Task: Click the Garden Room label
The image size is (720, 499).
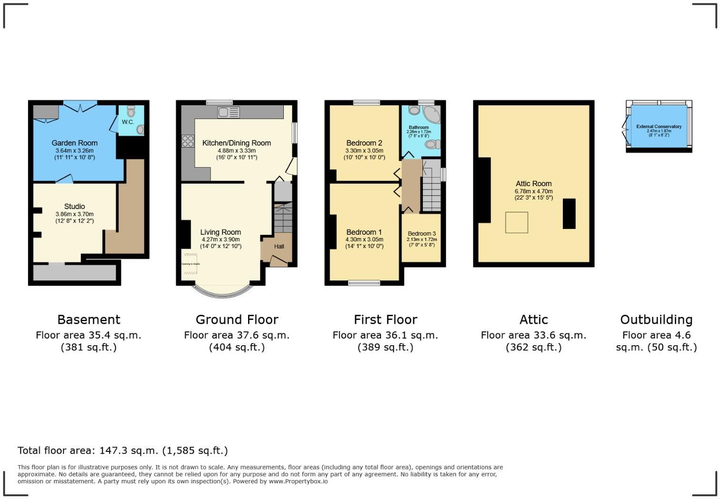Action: pyautogui.click(x=74, y=143)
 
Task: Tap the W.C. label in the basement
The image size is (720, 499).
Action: pyautogui.click(x=128, y=122)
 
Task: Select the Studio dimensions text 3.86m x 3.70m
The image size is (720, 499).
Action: pyautogui.click(x=74, y=214)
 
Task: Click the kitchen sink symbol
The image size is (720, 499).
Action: pyautogui.click(x=229, y=112)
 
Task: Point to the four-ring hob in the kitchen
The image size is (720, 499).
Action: pyautogui.click(x=188, y=141)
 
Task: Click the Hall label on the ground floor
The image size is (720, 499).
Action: pyautogui.click(x=279, y=246)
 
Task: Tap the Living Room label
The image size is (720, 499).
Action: pyautogui.click(x=220, y=232)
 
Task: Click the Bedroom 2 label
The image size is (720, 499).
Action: pyautogui.click(x=364, y=143)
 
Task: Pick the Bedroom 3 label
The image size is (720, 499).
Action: pyautogui.click(x=421, y=234)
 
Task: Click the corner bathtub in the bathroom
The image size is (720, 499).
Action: pyautogui.click(x=431, y=115)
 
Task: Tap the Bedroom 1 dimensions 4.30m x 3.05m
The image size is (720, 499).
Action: pyautogui.click(x=364, y=240)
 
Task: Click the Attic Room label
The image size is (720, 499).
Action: pyautogui.click(x=533, y=184)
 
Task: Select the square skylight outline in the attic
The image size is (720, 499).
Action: pyautogui.click(x=516, y=222)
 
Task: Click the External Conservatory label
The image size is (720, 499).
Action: pyautogui.click(x=659, y=127)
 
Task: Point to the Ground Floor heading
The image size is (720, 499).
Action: pyautogui.click(x=237, y=319)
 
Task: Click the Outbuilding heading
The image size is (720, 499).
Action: pyautogui.click(x=656, y=319)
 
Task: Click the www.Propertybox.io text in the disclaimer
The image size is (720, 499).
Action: pyautogui.click(x=298, y=481)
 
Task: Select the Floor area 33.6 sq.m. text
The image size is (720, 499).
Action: pyautogui.click(x=533, y=335)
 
